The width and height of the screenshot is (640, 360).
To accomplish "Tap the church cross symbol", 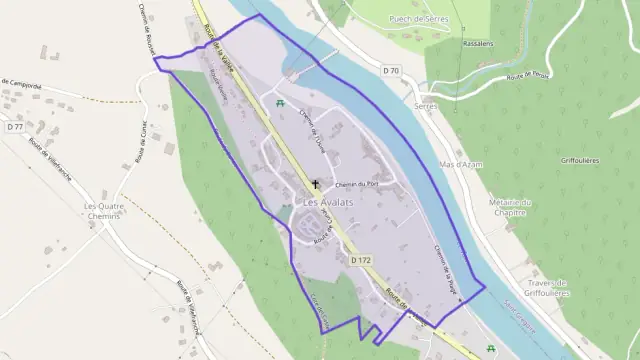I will click(316, 184).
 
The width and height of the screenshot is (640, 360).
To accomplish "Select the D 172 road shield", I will click(361, 260).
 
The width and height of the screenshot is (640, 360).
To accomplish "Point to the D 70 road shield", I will click(390, 71).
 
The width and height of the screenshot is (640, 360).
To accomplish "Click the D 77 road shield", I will click(14, 127).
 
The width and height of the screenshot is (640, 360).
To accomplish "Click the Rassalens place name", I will click(441, 43).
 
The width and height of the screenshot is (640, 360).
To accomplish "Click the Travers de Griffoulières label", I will click(547, 287).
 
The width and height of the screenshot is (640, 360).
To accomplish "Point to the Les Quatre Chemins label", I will click(104, 211).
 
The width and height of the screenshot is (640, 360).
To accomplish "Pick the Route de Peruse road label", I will click(529, 77).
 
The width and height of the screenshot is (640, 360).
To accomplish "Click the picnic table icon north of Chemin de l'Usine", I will click(282, 103).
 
